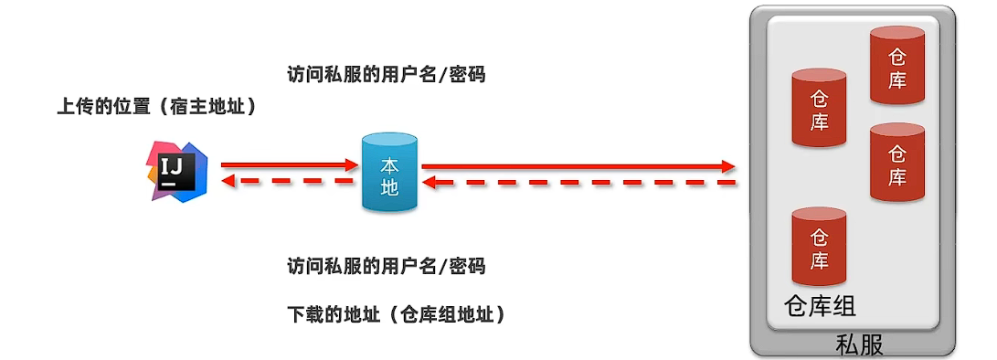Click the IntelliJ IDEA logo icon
pos(177,171)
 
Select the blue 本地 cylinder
pos(389,173)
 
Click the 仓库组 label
pos(820,305)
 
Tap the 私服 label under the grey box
pos(859,345)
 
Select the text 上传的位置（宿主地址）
pos(156,107)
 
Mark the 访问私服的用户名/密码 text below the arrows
pos(386,267)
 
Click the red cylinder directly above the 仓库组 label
pos(819,246)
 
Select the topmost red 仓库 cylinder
pos(897,67)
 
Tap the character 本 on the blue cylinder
pos(389,165)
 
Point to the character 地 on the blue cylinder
pos(389,186)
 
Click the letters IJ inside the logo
pos(173,166)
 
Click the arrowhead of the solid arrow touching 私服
pos(727,166)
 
